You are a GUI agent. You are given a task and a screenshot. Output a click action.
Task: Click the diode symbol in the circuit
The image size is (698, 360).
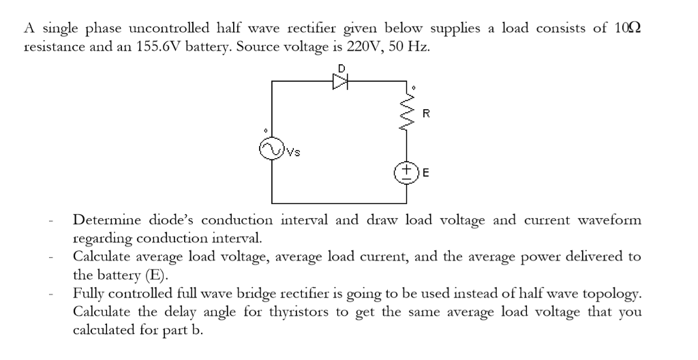(340, 81)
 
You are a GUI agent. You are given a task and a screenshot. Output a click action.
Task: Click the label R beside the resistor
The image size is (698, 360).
(426, 113)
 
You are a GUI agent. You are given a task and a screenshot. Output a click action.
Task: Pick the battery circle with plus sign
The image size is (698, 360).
(407, 170)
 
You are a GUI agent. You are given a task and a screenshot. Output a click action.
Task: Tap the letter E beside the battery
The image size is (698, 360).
(426, 172)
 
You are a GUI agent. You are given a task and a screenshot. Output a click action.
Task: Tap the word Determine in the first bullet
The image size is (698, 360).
(104, 220)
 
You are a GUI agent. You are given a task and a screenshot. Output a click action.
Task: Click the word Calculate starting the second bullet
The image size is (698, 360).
(102, 257)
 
